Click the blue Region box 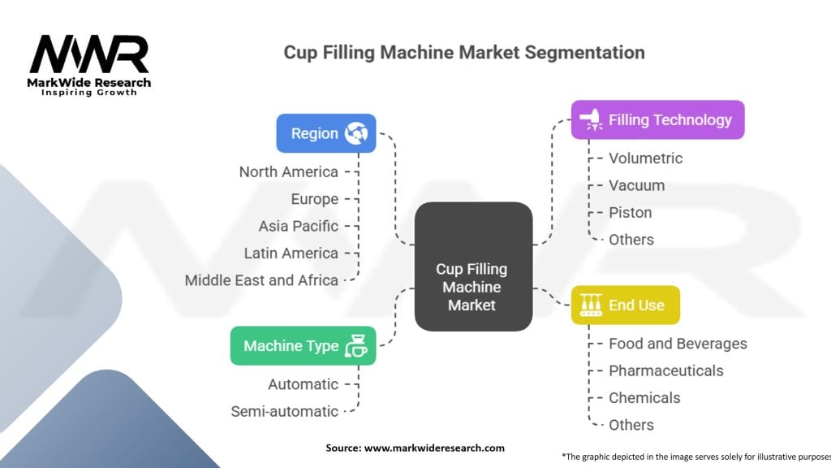click(x=326, y=133)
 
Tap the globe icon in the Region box click(x=356, y=133)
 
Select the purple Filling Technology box click(x=657, y=120)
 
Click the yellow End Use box click(x=626, y=305)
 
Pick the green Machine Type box click(x=304, y=346)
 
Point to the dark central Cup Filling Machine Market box click(x=473, y=266)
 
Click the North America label click(x=288, y=172)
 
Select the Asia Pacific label click(x=299, y=226)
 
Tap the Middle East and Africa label click(x=261, y=280)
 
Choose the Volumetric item click(x=645, y=158)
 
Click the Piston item click(x=630, y=212)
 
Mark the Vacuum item click(x=636, y=185)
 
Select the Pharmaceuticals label click(x=666, y=370)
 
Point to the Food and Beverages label click(x=678, y=344)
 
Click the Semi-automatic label click(x=285, y=411)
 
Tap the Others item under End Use click(x=631, y=424)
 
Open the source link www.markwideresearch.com click(x=434, y=448)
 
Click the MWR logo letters click(x=89, y=54)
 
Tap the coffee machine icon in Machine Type click(x=356, y=346)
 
